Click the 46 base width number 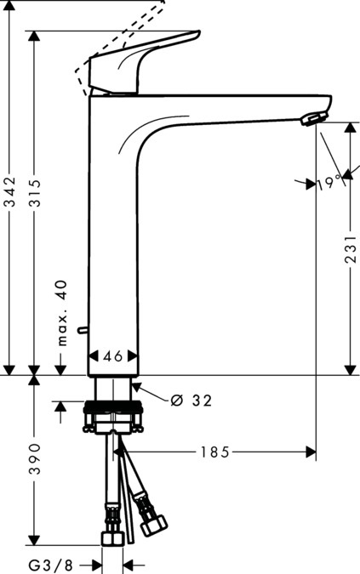[114, 356]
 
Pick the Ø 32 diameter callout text [191, 400]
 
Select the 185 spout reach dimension [214, 452]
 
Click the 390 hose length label [34, 458]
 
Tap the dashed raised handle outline [119, 38]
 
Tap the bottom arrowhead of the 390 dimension [34, 541]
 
